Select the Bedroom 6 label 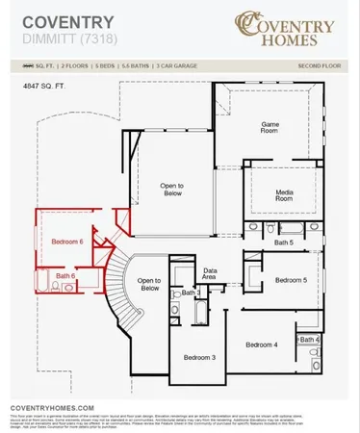click(67, 241)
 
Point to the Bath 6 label click(65, 276)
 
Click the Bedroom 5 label click(291, 280)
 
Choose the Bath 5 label click(284, 242)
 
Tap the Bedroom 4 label click(261, 344)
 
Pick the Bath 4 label click(309, 340)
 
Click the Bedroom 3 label click(199, 357)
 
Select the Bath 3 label click(191, 292)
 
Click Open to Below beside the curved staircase click(149, 284)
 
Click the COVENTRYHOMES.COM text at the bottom click(53, 408)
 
